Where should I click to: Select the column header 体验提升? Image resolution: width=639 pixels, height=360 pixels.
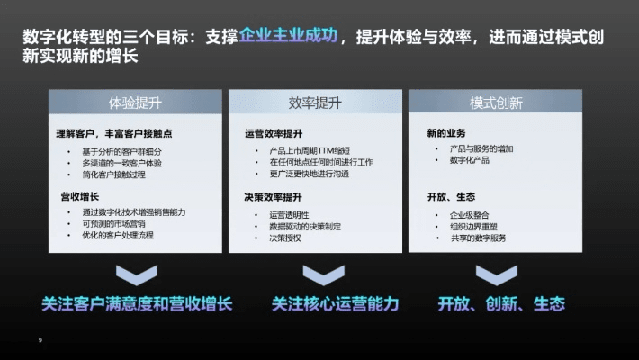pos(135,103)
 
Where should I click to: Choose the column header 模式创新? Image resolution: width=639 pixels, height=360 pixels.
pos(495,103)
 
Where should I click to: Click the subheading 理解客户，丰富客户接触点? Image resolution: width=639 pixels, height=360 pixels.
pos(114,133)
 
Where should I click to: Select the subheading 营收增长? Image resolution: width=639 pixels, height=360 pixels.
pos(79,195)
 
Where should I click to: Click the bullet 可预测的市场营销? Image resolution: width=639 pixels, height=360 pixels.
pos(113,223)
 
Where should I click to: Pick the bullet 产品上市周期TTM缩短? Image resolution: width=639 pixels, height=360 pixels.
pos(310,149)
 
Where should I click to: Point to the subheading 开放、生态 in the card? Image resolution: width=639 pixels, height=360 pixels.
pos(451,196)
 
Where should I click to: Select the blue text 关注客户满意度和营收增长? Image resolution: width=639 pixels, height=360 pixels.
pos(137,303)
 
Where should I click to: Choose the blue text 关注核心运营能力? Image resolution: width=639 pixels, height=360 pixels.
pos(335,303)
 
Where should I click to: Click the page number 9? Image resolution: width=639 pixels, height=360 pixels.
pos(40,340)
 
